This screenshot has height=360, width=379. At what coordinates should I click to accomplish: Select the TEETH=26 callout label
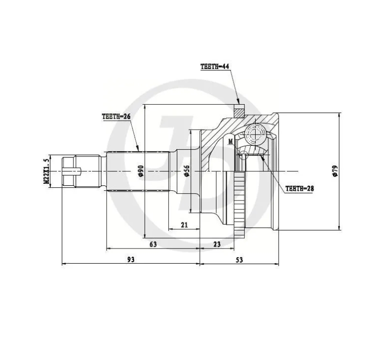coord(116,116)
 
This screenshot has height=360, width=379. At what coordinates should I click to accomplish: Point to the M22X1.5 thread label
coord(47,171)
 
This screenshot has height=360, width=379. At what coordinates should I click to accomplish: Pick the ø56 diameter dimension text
coord(187,170)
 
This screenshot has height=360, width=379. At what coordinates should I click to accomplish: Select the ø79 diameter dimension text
coord(334,170)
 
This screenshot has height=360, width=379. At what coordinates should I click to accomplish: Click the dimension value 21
coord(184,225)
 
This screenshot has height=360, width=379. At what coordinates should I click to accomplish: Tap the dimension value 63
coord(153,244)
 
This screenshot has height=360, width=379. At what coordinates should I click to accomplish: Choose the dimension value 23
coord(217,244)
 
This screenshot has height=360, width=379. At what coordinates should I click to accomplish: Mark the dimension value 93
coord(131,259)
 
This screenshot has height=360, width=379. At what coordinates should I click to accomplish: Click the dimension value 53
coord(239,259)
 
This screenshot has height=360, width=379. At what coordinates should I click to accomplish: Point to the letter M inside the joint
coord(230,141)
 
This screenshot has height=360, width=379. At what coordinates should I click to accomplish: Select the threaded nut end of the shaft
coord(70,170)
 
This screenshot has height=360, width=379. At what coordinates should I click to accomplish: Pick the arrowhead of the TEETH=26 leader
coord(139,149)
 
